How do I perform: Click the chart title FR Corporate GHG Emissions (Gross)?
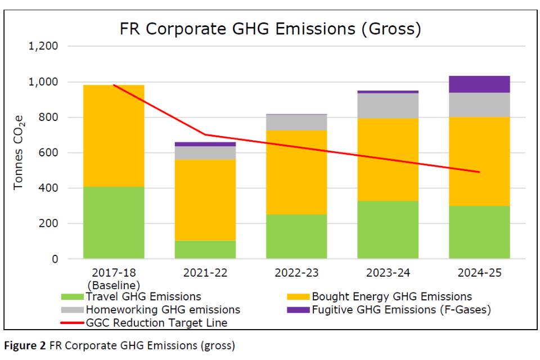tap(270, 29)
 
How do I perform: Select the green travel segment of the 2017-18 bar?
tap(114, 223)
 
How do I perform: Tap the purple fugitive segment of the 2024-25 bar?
tap(480, 84)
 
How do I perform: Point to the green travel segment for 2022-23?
tap(296, 237)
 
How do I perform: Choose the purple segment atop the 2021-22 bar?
tap(205, 144)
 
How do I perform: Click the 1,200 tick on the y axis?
tap(43, 46)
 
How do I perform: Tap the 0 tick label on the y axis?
tap(55, 259)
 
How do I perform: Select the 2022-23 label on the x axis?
tap(296, 273)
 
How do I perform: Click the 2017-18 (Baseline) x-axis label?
tap(114, 279)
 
